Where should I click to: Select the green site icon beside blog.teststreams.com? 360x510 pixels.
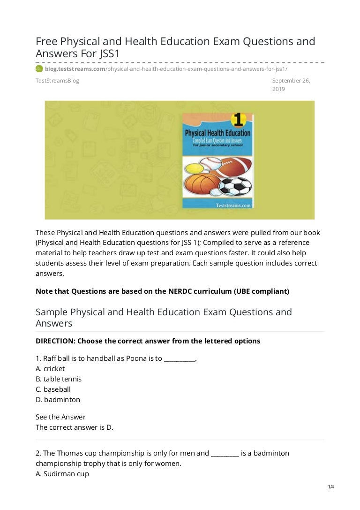coord(39,69)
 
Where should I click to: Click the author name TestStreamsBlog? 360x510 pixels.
coord(57,81)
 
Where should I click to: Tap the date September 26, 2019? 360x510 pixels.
coord(291,84)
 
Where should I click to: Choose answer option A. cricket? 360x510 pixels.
coord(50,369)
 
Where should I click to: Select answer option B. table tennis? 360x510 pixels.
coord(59,379)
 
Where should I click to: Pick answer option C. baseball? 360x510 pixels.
coord(53,389)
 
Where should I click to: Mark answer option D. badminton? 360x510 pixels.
coord(58,400)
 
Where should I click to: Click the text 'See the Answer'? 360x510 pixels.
coord(60,417)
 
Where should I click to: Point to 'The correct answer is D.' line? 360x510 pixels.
coord(75,427)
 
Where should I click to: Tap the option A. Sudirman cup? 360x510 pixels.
coord(62,474)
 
